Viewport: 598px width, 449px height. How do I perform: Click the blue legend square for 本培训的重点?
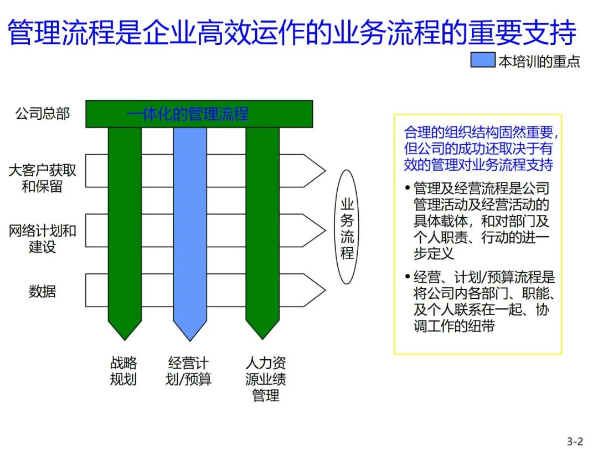tap(483, 60)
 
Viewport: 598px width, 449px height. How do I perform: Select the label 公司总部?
tap(43, 114)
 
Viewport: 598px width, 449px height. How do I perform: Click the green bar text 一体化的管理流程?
tap(188, 114)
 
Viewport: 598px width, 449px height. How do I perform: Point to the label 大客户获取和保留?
tap(43, 178)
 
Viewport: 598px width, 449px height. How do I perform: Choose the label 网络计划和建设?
tap(43, 238)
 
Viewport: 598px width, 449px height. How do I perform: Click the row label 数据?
tap(43, 290)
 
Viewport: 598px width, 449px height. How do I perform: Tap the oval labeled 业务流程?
tap(347, 227)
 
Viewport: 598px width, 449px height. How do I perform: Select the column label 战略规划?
tap(123, 371)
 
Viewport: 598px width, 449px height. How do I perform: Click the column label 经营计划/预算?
tap(189, 371)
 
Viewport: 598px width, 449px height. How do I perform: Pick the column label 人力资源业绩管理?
tap(266, 379)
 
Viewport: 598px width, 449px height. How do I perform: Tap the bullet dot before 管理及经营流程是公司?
tap(408, 188)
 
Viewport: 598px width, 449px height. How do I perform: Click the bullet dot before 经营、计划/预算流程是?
tap(408, 277)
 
